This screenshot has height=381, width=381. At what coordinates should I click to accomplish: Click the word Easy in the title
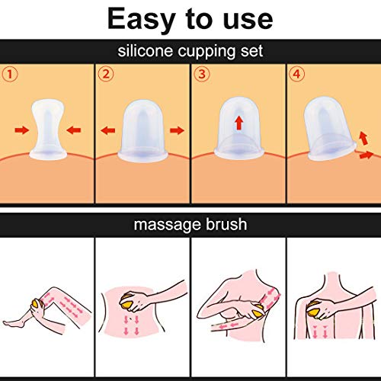(142, 20)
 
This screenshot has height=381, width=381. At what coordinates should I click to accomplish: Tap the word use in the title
(248, 20)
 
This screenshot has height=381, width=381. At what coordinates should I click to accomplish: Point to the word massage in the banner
(168, 226)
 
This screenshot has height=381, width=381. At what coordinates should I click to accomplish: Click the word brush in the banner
(226, 224)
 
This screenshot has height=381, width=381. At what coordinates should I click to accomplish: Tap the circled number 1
(10, 75)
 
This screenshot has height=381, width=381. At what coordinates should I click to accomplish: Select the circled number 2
(106, 74)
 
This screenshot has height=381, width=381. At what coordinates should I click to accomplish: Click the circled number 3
(202, 74)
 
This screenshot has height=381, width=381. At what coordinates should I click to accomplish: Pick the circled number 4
(296, 74)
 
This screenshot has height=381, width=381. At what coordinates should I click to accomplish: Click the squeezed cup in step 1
(48, 130)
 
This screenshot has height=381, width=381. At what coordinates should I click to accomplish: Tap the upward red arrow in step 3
(239, 123)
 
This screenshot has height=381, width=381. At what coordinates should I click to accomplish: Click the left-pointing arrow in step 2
(108, 130)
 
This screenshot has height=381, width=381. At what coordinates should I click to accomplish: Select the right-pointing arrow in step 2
(177, 130)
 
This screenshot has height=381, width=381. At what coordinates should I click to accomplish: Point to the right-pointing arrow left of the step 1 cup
(22, 130)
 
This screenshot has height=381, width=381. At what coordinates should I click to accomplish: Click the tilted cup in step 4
(329, 129)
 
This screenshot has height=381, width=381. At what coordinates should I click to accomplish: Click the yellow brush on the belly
(128, 301)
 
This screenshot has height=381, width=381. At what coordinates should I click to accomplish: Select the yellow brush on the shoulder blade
(315, 309)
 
